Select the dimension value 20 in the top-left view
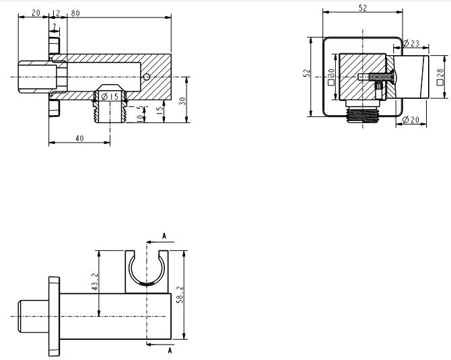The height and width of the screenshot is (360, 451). click(35, 13)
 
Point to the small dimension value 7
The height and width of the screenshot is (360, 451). click(54, 26)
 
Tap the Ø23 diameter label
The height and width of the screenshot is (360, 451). click(411, 44)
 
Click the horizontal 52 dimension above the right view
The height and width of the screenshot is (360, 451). click(363, 7)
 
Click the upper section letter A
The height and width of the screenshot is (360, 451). click(165, 236)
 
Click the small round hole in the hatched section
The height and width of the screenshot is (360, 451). click(147, 77)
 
